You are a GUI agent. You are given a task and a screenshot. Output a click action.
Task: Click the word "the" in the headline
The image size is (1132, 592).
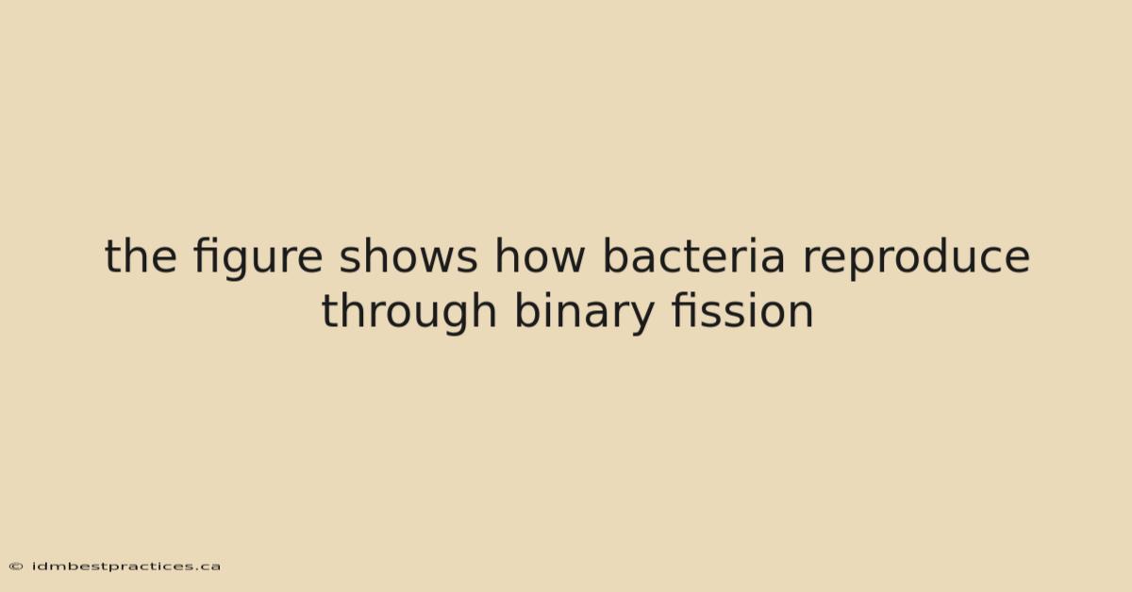(x=141, y=255)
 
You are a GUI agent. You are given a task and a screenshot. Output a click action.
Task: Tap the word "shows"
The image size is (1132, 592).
(x=408, y=255)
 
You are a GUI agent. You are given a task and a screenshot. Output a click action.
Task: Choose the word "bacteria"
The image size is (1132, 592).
(x=694, y=255)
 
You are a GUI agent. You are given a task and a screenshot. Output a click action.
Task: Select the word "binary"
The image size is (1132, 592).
(x=584, y=313)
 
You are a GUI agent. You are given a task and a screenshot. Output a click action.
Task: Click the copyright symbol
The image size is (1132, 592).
(x=16, y=567)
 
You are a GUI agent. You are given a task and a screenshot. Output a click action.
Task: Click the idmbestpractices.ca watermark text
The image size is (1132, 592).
(x=126, y=567)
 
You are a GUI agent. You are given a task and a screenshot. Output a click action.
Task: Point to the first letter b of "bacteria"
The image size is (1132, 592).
(x=616, y=255)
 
